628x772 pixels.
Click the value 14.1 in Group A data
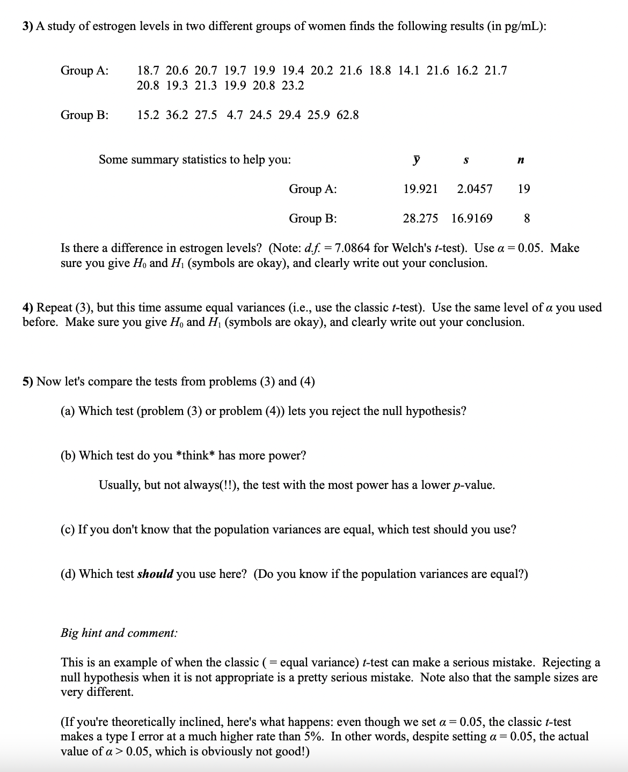(x=408, y=71)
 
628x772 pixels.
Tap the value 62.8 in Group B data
(x=348, y=115)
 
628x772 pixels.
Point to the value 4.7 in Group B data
(x=235, y=115)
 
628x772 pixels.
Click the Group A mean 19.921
(x=420, y=189)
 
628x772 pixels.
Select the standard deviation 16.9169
(x=472, y=218)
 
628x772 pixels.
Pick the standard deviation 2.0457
(x=474, y=189)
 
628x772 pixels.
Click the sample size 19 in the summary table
(x=524, y=189)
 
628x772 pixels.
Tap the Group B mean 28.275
(x=420, y=218)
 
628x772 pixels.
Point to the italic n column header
(x=521, y=160)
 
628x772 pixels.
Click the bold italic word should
(x=155, y=574)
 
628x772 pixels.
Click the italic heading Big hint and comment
(x=119, y=633)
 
